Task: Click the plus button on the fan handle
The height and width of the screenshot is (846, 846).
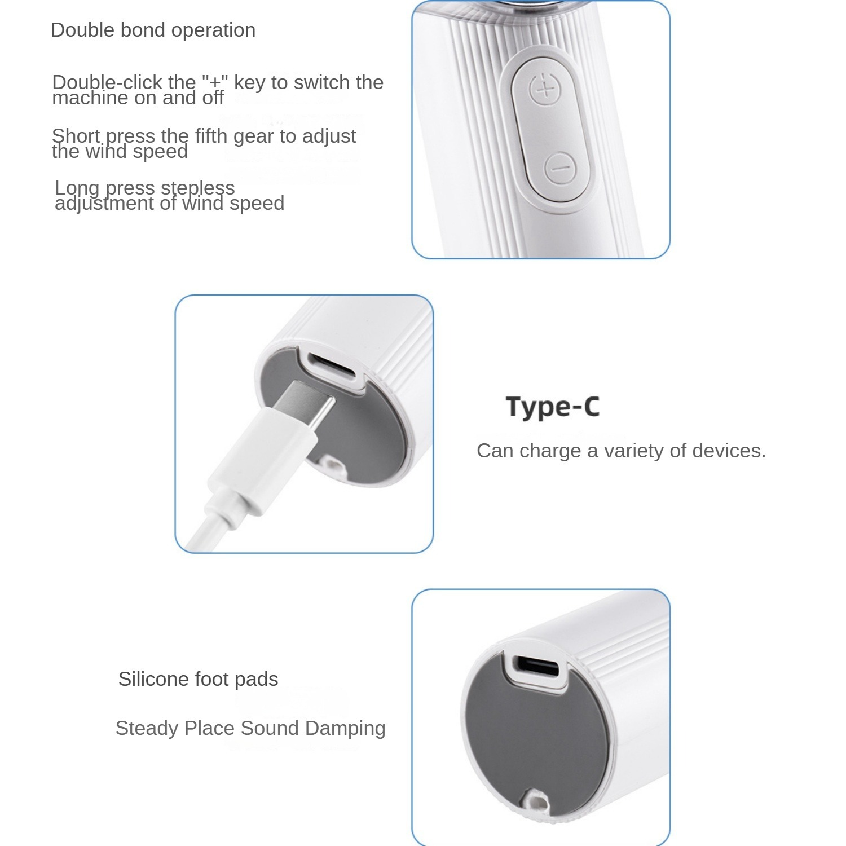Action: pos(544,90)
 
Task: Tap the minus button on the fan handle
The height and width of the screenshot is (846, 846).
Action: pos(559,168)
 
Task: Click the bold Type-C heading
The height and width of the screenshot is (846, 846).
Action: pos(553,407)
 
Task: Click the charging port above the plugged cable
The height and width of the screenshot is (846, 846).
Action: pos(332,366)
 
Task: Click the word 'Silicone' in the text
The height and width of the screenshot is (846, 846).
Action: pos(154,679)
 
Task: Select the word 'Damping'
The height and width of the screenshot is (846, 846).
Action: pos(345,729)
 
